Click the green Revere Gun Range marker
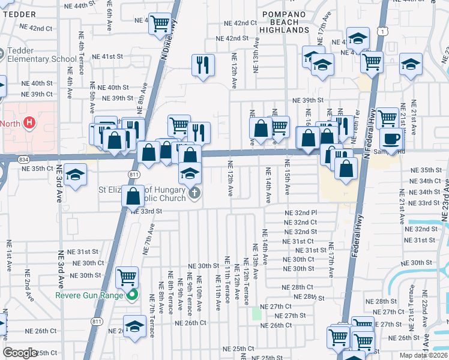click(x=134, y=295)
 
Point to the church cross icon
click(x=194, y=193)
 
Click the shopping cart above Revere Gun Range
click(x=127, y=277)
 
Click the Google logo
click(x=20, y=353)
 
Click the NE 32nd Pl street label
click(x=300, y=213)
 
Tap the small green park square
click(x=257, y=313)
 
